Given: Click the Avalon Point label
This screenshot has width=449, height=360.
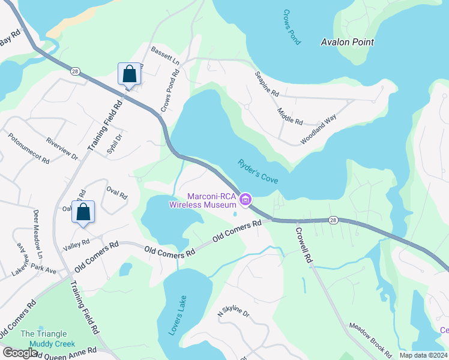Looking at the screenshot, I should point(347,42).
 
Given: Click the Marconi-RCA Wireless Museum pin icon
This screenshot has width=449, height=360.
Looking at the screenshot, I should point(245,200).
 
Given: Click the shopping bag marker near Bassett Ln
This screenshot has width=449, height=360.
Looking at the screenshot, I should point(129,74).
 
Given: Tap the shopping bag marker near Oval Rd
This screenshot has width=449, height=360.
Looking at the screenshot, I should point(83,212).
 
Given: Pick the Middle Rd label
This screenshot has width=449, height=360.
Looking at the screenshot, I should point(290,116).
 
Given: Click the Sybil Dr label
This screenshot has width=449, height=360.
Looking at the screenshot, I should point(115,144).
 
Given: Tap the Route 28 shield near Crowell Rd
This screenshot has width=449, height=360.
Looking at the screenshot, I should point(334,220).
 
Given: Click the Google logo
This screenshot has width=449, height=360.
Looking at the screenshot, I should point(20,353).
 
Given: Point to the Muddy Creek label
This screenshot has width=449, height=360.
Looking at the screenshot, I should point(55,344).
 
